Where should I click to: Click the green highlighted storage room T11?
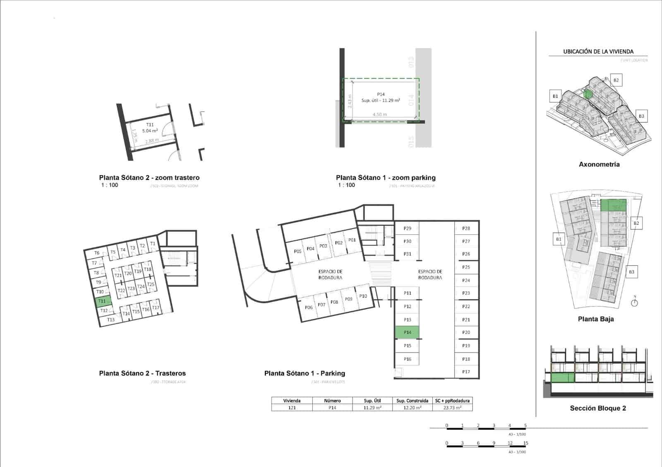pos(102,301)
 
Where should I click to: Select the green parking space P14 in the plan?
pos(407,332)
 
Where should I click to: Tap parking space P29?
pos(407,229)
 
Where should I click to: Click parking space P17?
pos(466,372)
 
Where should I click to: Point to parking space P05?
pos(297,251)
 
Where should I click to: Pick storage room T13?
pos(110,320)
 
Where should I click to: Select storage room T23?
pos(131,288)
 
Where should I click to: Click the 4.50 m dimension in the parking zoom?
pos(379,114)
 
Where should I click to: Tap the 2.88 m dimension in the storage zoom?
pos(152,141)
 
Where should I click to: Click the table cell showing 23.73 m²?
pos(452,407)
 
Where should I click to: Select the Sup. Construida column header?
pos(412,400)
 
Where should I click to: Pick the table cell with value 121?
pos(292,407)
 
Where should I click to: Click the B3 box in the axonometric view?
pos(641,116)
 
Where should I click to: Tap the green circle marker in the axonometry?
pos(588,94)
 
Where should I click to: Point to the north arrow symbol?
pos(635,302)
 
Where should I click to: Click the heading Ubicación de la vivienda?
pos(598,52)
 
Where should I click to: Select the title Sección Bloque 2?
pos(597,408)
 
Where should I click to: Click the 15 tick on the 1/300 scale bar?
pos(525,443)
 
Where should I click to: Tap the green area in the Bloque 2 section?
pos(562,377)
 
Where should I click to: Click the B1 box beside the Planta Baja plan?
pos(559,239)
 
